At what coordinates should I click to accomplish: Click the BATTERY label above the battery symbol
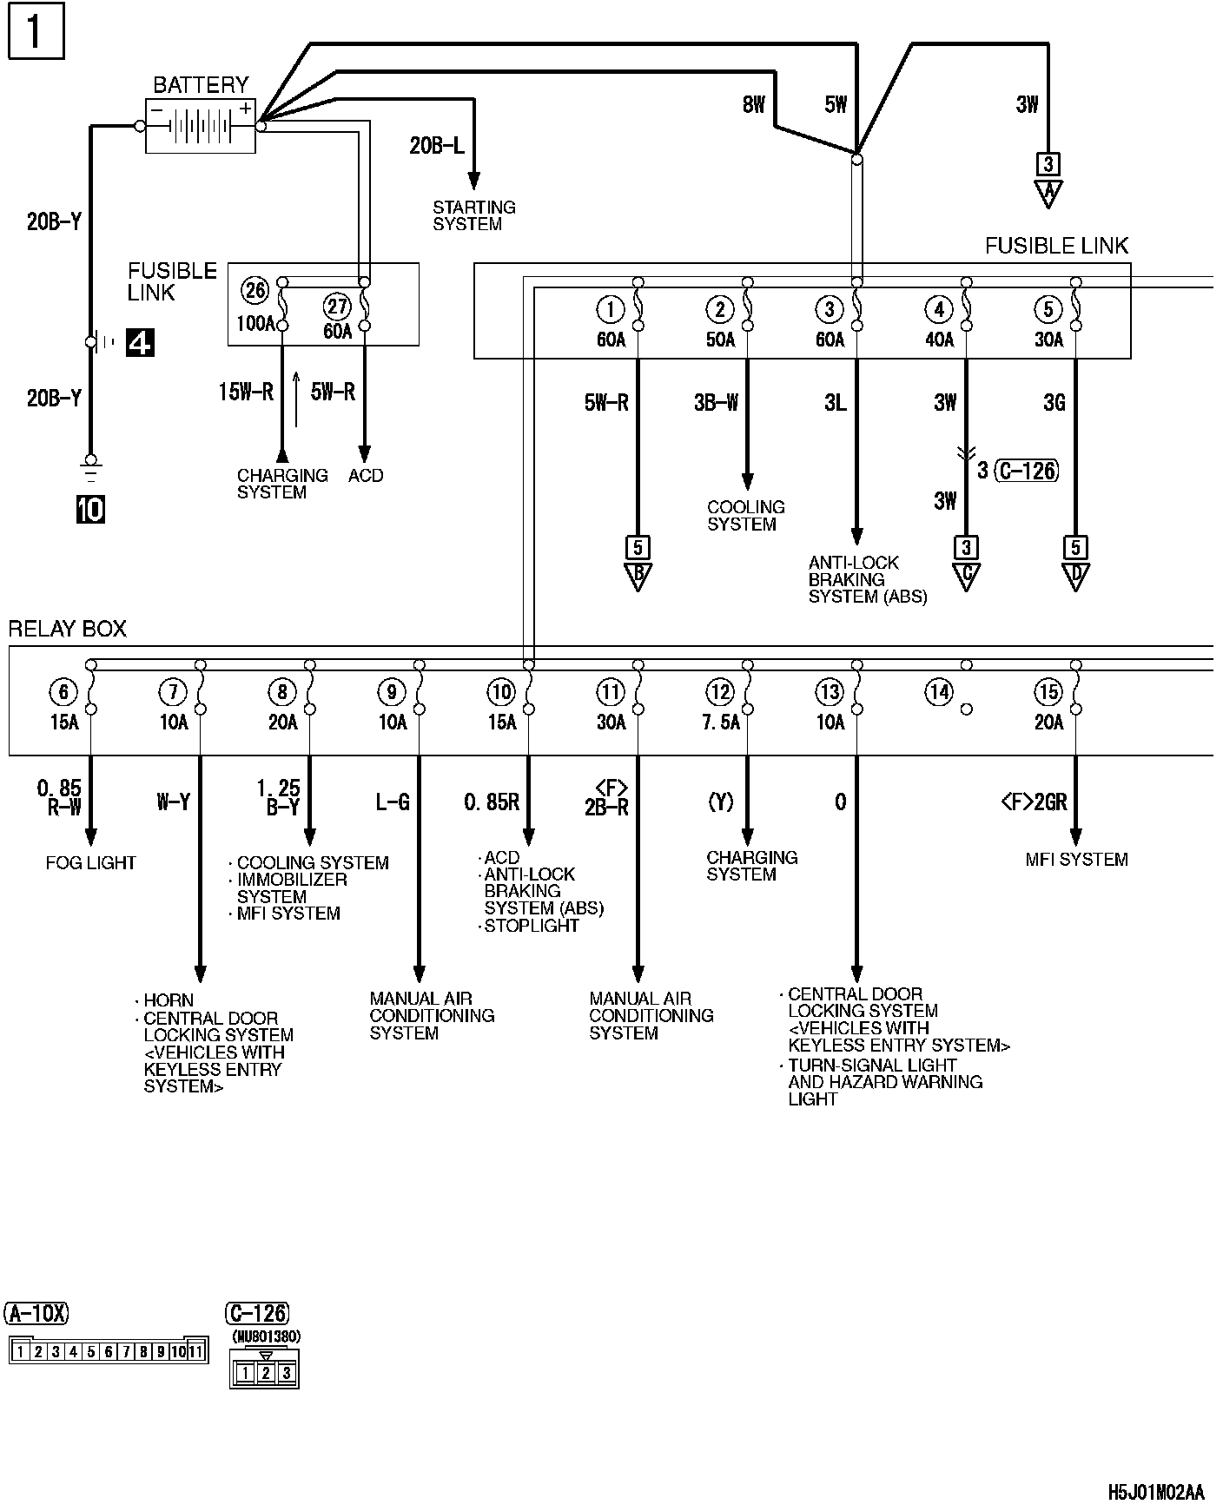pos(201,85)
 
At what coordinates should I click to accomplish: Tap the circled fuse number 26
pos(255,290)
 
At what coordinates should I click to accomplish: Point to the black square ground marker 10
pos(90,509)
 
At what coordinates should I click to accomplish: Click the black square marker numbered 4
pos(140,343)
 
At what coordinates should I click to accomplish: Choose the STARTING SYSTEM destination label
pos(473,215)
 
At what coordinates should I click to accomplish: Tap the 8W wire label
pos(754,105)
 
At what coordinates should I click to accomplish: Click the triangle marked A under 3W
pos(1048,192)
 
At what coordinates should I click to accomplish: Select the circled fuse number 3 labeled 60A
pos(830,309)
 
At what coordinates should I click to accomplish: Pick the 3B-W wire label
pos(716,403)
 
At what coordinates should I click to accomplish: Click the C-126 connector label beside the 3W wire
pos(1026,471)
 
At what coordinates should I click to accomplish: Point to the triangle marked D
pos(1075,576)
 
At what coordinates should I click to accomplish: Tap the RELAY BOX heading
pos(67,629)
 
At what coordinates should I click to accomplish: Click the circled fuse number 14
pos(939,692)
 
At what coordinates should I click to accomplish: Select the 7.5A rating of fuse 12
pos(721,723)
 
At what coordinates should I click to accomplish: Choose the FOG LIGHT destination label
pos(91,862)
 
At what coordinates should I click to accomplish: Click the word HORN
pos(169,1000)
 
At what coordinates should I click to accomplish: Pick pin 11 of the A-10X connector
pos(195,1351)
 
